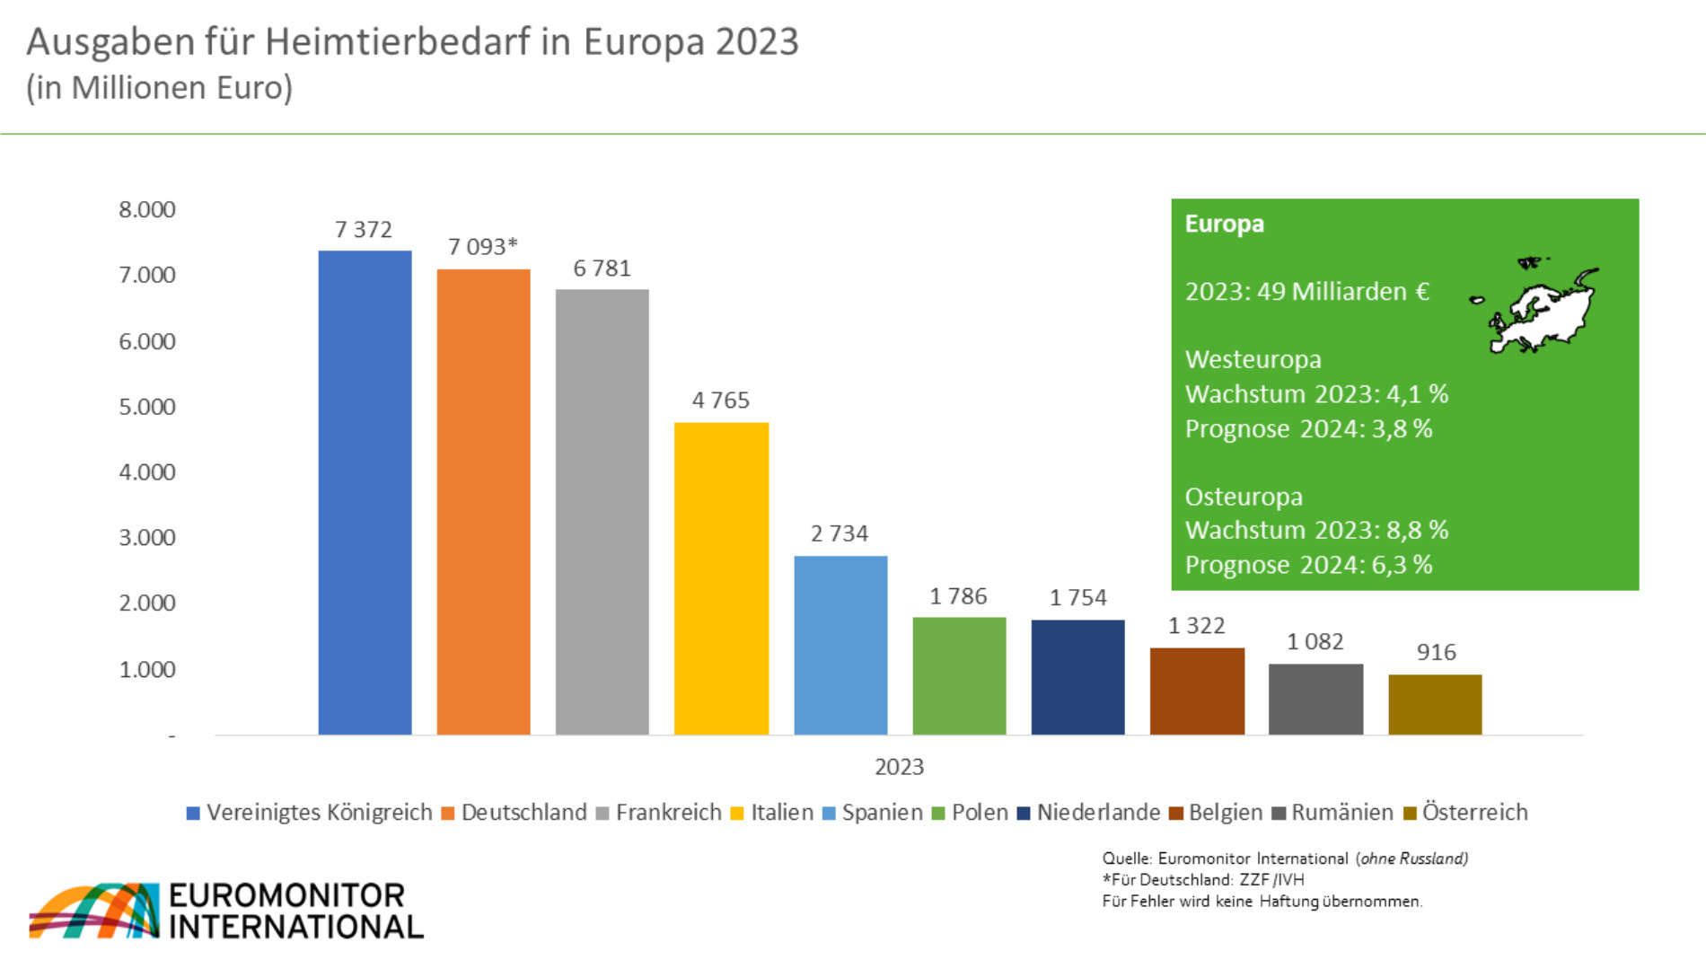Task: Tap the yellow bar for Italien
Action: point(721,578)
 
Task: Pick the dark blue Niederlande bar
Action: point(1077,677)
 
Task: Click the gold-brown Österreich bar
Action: point(1435,704)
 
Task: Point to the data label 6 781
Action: point(602,269)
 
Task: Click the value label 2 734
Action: point(840,533)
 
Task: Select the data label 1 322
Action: point(1196,626)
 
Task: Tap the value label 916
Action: point(1436,653)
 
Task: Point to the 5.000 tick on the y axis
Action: point(147,407)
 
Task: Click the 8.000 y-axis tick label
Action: point(147,210)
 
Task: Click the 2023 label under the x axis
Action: point(899,767)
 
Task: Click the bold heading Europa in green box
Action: point(1224,224)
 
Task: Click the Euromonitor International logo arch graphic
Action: point(94,911)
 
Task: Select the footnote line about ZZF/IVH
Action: point(1203,880)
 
